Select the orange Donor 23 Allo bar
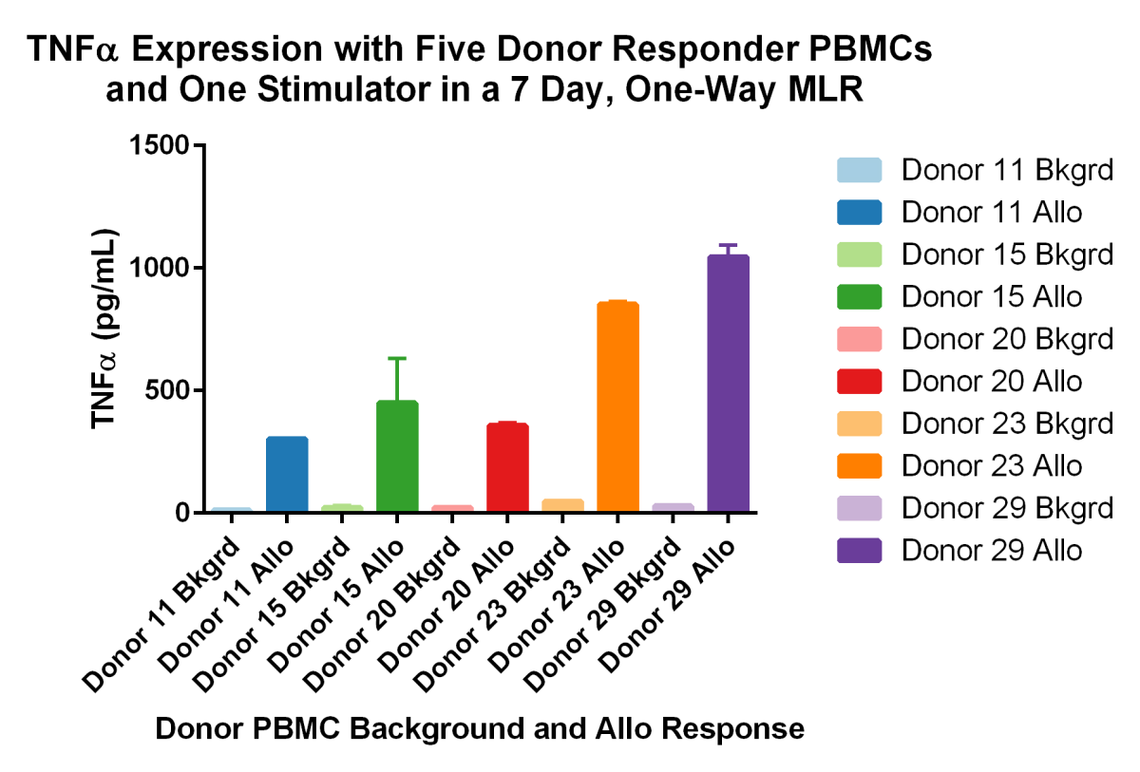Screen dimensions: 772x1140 pyautogui.click(x=617, y=407)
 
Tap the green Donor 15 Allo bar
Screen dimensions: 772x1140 pyautogui.click(x=397, y=457)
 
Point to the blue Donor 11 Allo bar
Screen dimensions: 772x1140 pyautogui.click(x=287, y=475)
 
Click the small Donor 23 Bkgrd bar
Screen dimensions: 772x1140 pyautogui.click(x=562, y=505)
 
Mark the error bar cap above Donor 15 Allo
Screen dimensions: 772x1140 pyautogui.click(x=397, y=358)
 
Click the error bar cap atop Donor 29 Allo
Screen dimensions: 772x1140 pyautogui.click(x=728, y=245)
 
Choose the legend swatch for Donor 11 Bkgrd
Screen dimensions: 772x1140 pyautogui.click(x=859, y=171)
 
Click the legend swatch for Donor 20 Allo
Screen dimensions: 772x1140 pyautogui.click(x=859, y=381)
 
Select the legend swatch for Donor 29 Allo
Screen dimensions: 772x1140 pyautogui.click(x=859, y=549)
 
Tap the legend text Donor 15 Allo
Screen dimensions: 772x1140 pyautogui.click(x=992, y=297)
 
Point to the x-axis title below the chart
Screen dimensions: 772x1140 pyautogui.click(x=480, y=729)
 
